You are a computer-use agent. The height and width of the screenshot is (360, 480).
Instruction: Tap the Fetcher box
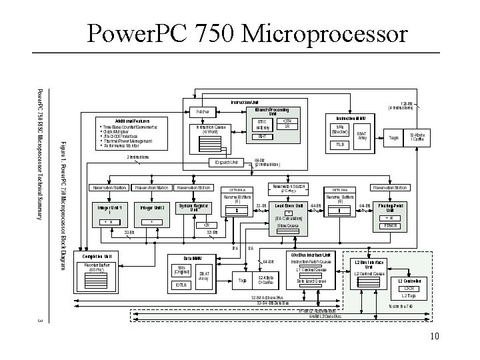[x=203, y=111]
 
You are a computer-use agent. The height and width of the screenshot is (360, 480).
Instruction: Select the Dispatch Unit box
[x=227, y=162]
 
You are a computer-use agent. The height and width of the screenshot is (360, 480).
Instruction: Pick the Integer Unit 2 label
[x=152, y=208]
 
